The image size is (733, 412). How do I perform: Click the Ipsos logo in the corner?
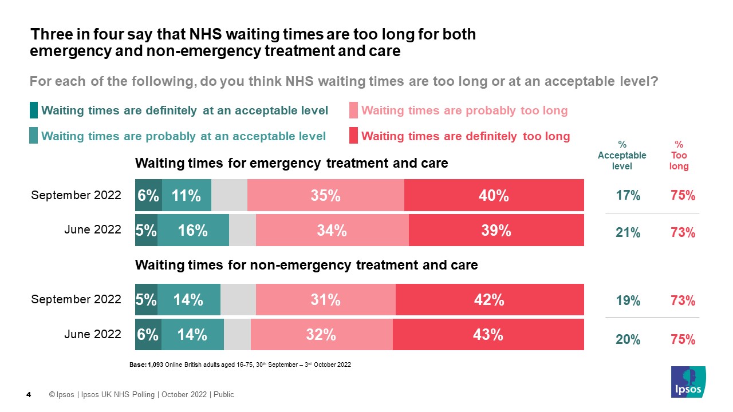pos(688,382)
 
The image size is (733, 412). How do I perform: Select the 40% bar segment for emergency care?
pos(494,196)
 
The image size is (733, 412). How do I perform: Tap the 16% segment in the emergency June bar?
pos(193,231)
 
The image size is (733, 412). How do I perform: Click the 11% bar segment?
pos(187,196)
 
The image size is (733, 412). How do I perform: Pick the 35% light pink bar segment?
pos(325,196)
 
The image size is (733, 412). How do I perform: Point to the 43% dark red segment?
pos(488,335)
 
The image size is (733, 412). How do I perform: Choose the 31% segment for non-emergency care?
pos(325,300)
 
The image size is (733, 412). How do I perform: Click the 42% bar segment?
pos(490,300)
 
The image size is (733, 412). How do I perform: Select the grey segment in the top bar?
pos(229,196)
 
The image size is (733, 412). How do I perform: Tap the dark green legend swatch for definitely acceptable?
pos(34,110)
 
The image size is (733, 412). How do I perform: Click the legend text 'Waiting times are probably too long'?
pos(464,110)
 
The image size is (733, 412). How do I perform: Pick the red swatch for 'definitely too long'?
pos(353,136)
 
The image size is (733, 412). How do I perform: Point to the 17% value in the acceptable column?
pos(628,196)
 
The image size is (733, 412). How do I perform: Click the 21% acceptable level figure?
pos(628,233)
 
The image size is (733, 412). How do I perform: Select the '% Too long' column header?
pos(679,156)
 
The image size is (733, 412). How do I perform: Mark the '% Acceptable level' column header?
pos(622,156)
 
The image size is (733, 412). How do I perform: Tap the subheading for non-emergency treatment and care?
pos(306,266)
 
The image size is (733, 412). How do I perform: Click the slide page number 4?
pos(29,395)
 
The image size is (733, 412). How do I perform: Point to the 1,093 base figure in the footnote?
pos(155,365)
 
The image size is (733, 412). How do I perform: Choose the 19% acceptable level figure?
pos(628,301)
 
